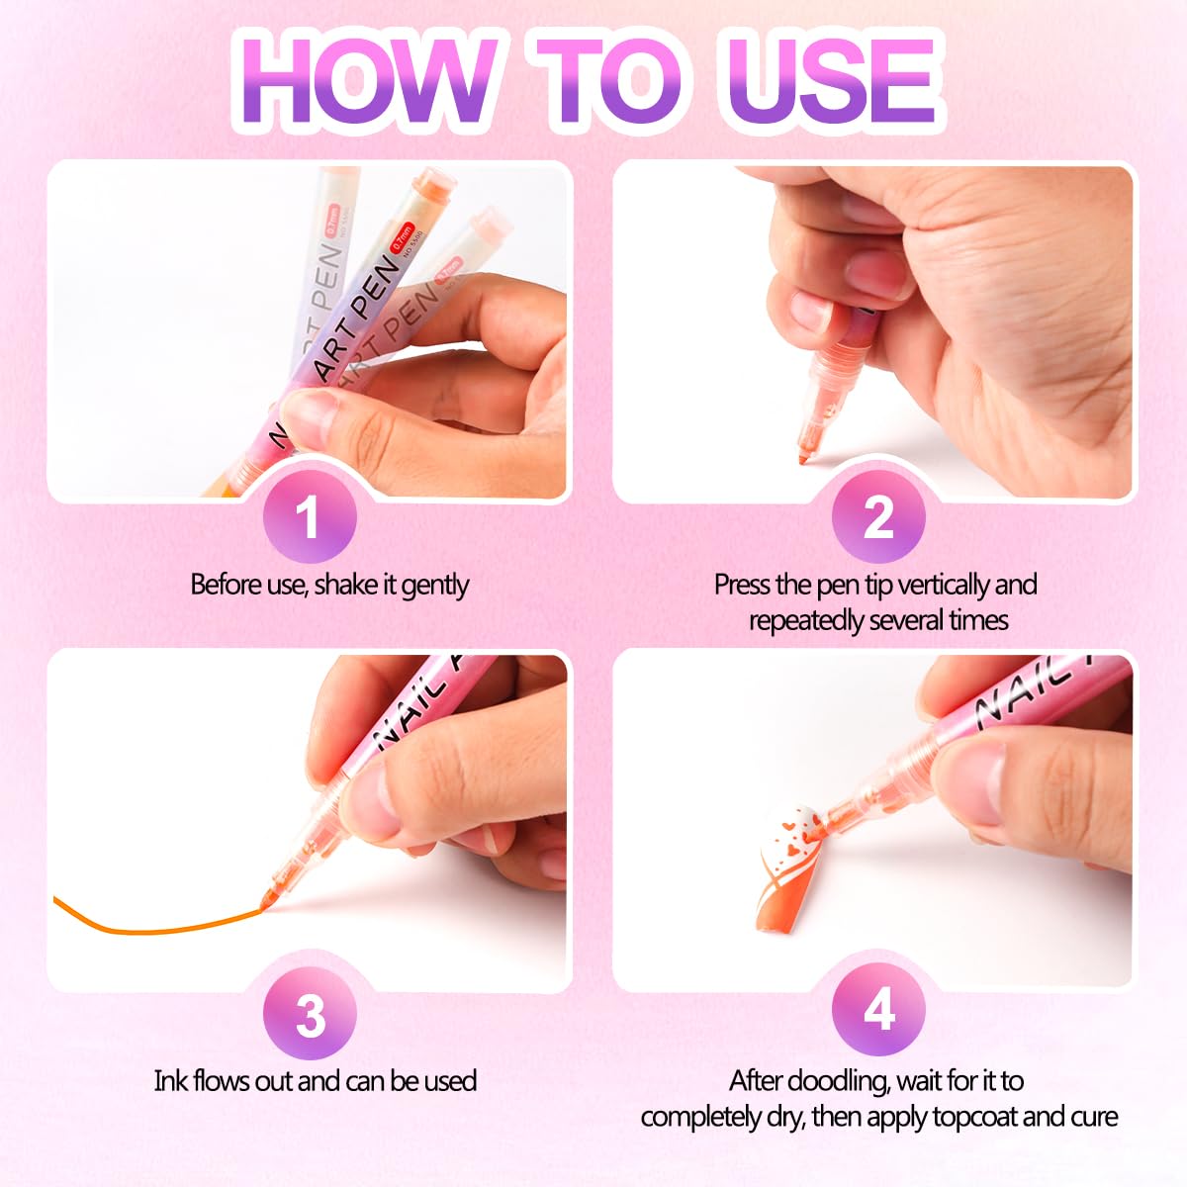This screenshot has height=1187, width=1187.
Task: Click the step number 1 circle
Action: click(x=310, y=516)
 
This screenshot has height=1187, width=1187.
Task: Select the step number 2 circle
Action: click(x=878, y=516)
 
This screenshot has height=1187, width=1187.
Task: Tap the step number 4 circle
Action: click(x=878, y=1010)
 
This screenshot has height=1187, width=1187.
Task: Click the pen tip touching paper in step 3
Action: click(x=266, y=902)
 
